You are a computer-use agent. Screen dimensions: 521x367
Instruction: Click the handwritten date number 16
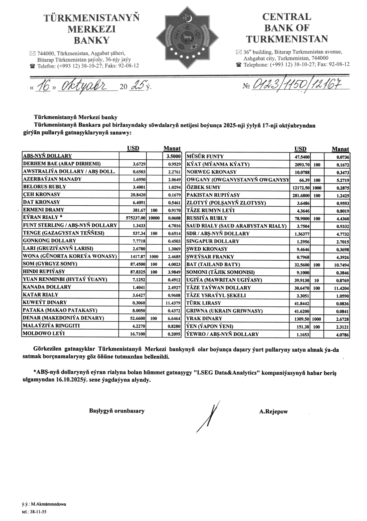click(43, 86)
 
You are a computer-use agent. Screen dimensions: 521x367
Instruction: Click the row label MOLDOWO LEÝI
click(44, 333)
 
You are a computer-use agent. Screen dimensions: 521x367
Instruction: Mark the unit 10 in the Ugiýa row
click(317, 280)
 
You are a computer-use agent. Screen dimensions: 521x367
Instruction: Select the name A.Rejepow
click(273, 412)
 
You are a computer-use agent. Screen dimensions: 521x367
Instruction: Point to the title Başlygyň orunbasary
click(117, 411)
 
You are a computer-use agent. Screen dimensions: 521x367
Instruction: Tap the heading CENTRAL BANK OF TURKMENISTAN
click(287, 28)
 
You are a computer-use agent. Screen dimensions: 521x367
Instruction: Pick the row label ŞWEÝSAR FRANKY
click(210, 257)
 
